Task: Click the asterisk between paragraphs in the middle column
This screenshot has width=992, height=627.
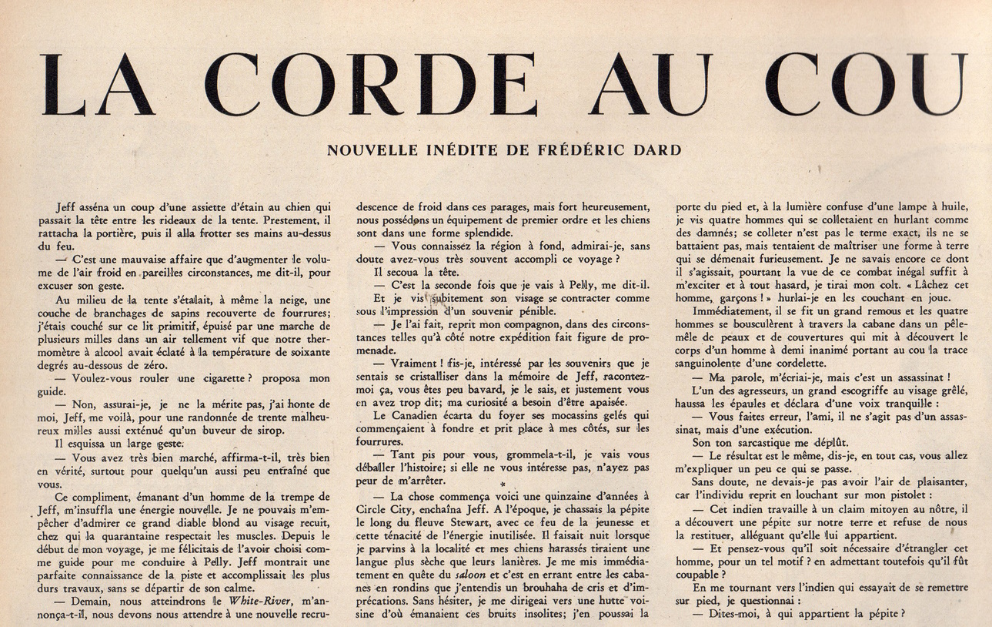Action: click(x=502, y=484)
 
